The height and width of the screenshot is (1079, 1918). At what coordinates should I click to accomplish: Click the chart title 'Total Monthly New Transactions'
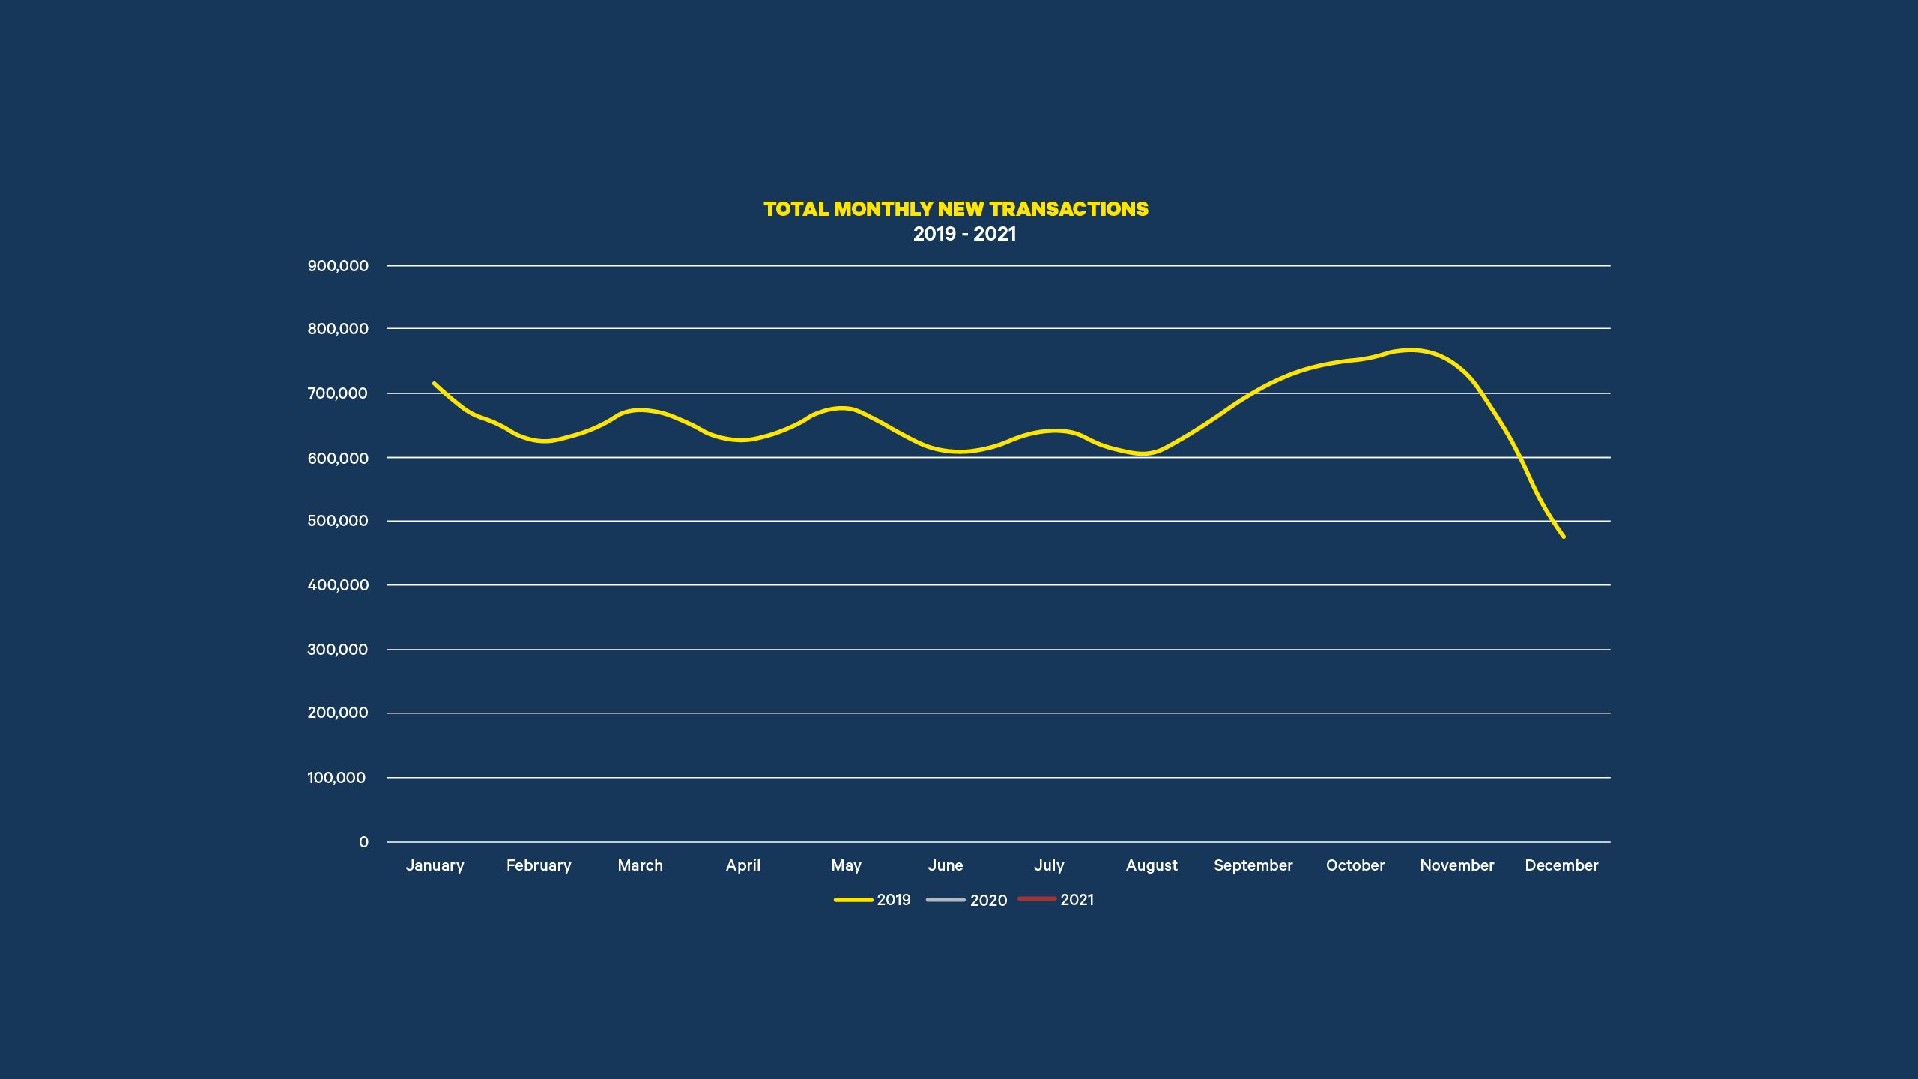coord(955,209)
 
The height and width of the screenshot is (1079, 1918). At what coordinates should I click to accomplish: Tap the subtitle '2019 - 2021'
coord(964,234)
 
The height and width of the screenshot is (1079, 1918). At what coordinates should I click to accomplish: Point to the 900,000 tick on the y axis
coord(338,266)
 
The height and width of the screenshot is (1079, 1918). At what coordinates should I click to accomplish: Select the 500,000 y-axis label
coord(338,521)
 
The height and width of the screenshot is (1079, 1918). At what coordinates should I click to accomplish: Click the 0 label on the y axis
coord(363,842)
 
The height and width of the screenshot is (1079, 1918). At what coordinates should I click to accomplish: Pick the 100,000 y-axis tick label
coord(336,778)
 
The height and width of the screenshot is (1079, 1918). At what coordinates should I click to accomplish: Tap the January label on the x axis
coord(435,865)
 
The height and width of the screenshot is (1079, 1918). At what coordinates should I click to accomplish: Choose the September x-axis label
coord(1253,865)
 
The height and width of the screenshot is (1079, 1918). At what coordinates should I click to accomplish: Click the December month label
coord(1561,865)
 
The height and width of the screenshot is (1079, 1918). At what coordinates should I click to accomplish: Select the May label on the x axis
coord(846,866)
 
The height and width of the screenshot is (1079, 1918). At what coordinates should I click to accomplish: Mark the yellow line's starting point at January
coord(435,384)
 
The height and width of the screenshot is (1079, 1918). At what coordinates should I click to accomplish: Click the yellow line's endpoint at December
coord(1564,537)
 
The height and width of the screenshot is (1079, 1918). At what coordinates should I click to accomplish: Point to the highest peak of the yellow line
coord(1411,350)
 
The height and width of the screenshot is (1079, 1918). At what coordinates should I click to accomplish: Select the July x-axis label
coord(1049,865)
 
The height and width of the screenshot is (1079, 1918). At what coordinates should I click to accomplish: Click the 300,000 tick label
coord(337,650)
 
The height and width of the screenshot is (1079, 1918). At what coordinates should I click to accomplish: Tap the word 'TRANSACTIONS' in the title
coord(1069,209)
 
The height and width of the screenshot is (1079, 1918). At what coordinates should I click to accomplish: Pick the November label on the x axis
coord(1456,865)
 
